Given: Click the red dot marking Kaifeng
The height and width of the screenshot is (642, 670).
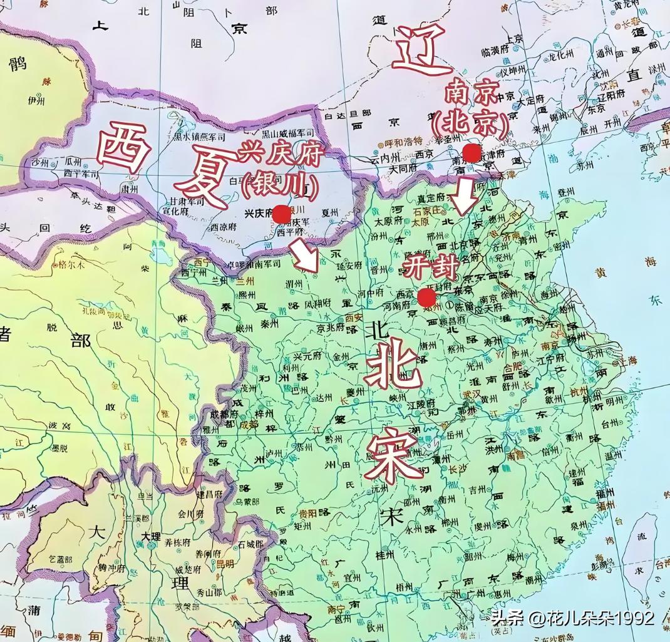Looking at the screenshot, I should [427, 297].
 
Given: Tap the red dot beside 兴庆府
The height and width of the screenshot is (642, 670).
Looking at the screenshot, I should [282, 214].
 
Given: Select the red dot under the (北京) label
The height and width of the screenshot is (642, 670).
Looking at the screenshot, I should [472, 153].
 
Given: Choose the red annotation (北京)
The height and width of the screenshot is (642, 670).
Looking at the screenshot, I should [471, 122].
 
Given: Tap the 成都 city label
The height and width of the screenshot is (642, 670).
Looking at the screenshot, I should [249, 425].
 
